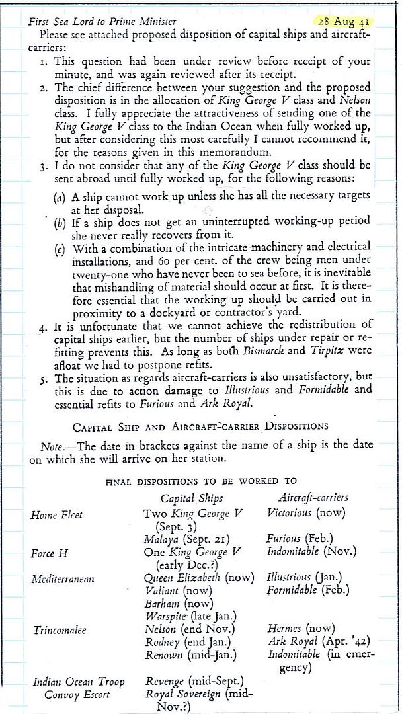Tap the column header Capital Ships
click(192, 498)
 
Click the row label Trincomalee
click(60, 630)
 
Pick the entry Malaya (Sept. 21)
click(185, 540)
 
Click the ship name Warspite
click(165, 617)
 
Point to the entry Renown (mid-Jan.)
click(191, 655)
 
